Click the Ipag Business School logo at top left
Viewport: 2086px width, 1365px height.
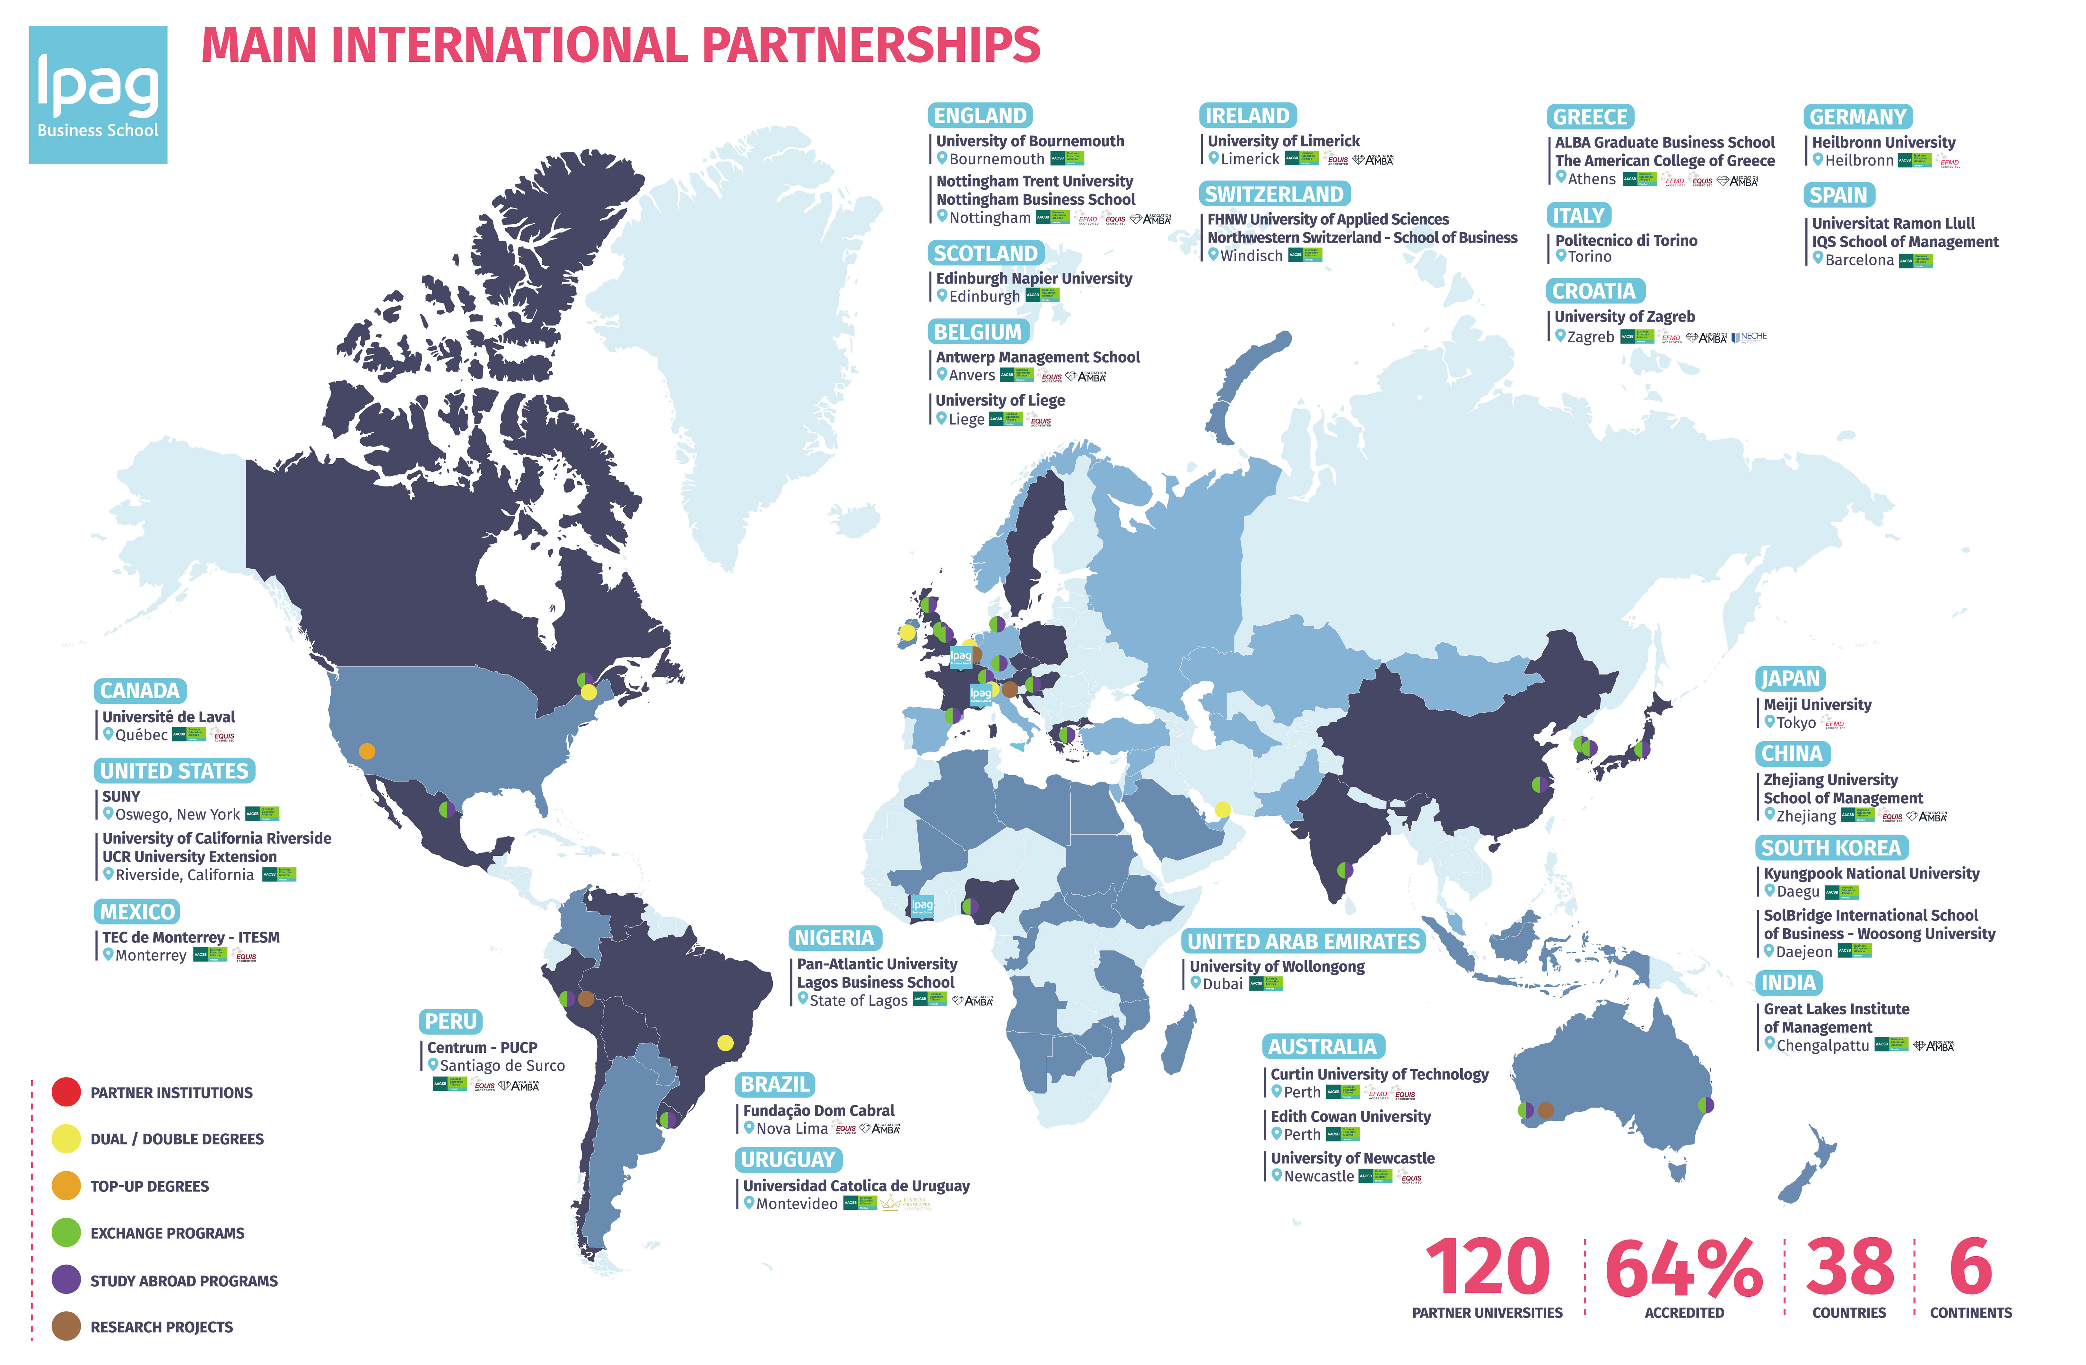[x=98, y=95]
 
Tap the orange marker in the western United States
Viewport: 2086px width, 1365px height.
[x=367, y=751]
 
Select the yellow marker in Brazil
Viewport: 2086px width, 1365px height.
[x=725, y=1043]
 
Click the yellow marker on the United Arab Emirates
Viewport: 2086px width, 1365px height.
[x=1222, y=810]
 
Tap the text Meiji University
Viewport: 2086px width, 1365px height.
[x=1817, y=704]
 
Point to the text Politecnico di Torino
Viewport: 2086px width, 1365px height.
[x=1626, y=240]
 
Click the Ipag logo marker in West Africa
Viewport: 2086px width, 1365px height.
[x=922, y=906]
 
